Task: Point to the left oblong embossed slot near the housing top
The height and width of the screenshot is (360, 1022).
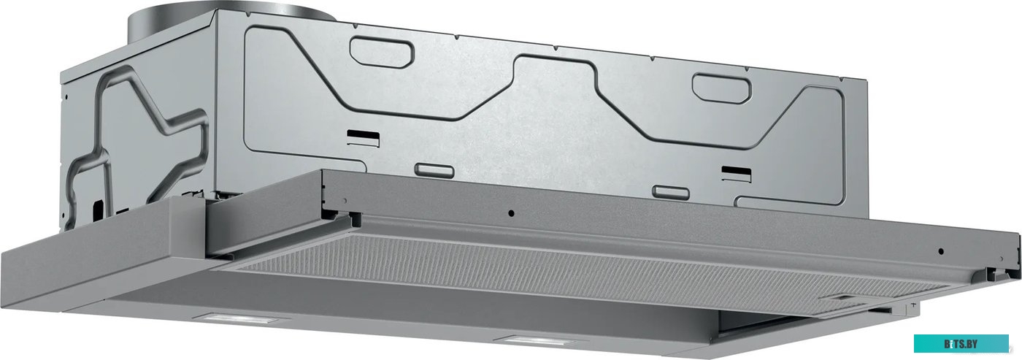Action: (x=382, y=50)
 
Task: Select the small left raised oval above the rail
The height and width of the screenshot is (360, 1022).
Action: (x=434, y=170)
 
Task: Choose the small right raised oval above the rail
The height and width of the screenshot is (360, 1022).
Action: (x=671, y=191)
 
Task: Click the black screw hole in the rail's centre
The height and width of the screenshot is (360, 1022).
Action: (x=511, y=213)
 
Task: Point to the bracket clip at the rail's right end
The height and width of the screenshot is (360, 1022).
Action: (x=997, y=272)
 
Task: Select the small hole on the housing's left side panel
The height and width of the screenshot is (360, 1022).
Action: (x=65, y=96)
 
